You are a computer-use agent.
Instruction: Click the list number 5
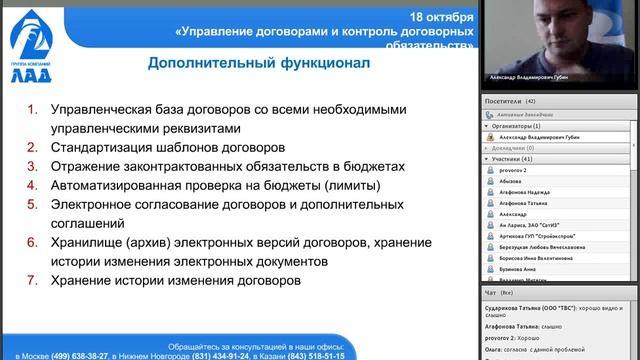pos(31,207)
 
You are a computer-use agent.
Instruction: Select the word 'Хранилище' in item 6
pos(85,243)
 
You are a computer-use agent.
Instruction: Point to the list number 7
pos(31,280)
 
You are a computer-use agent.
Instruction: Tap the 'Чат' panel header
pos(490,293)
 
